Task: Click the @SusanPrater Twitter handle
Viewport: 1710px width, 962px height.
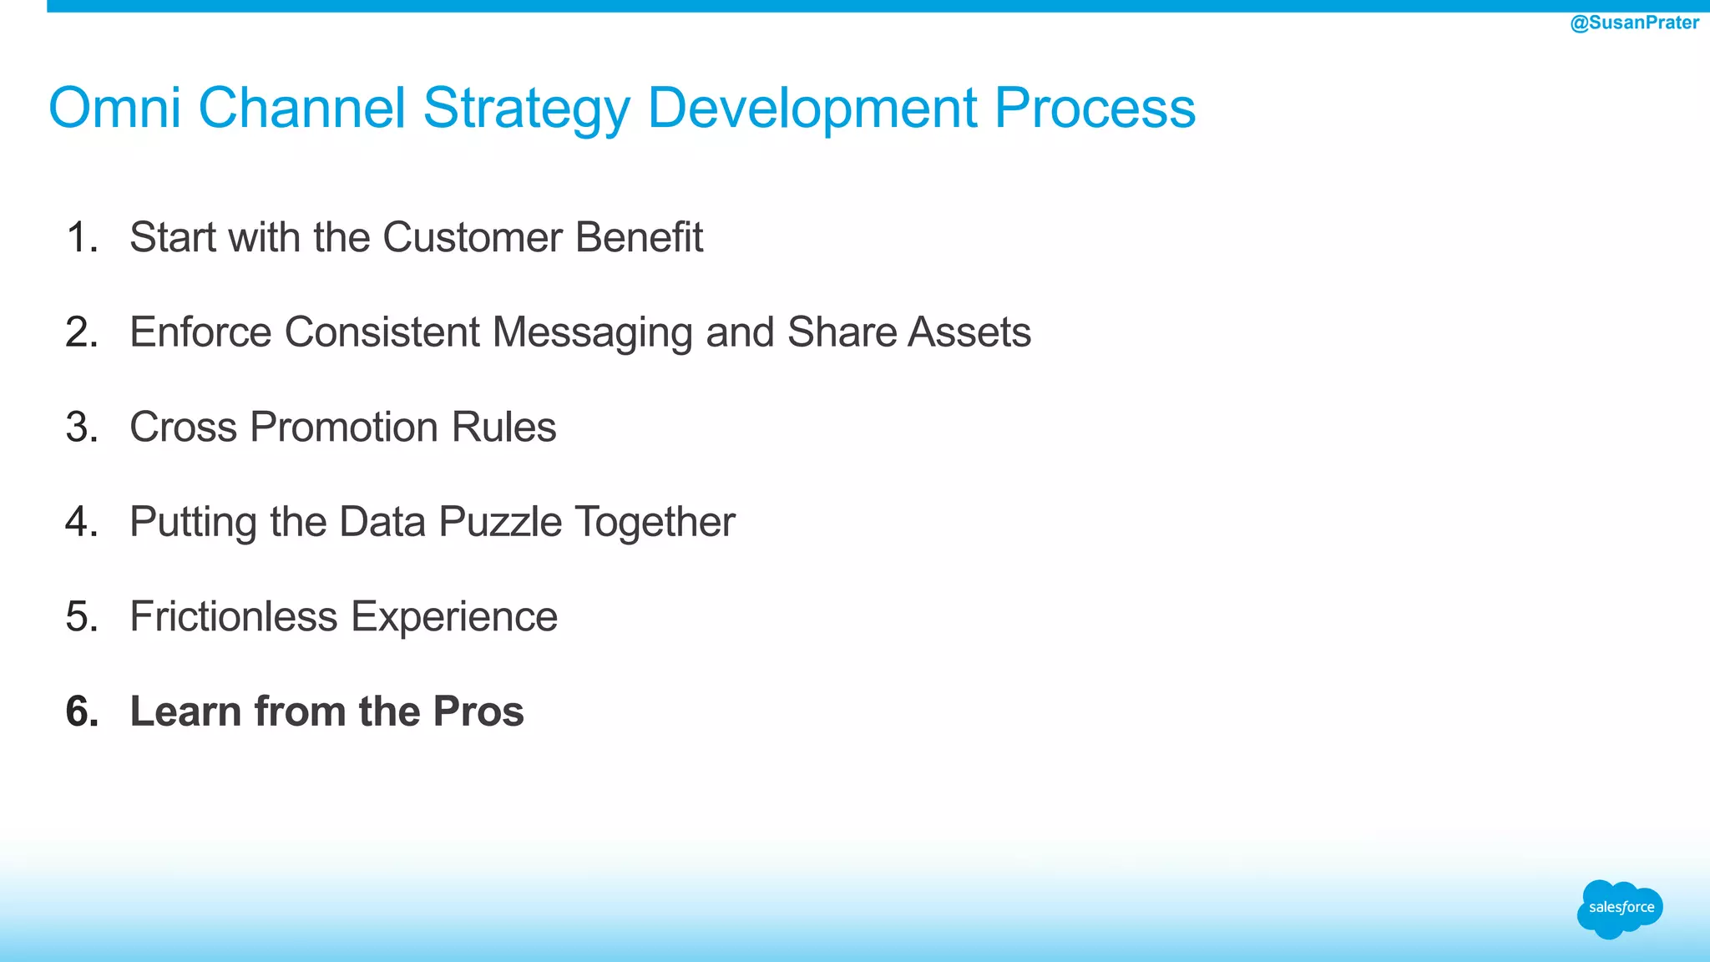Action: [x=1634, y=23]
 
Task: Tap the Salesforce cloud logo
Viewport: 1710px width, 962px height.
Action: [x=1620, y=908]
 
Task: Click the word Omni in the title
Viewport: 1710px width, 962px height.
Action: [x=114, y=108]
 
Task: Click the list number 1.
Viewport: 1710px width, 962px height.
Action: [x=81, y=237]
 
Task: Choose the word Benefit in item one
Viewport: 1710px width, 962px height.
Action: [x=639, y=237]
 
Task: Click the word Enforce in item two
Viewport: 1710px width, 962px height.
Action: [x=200, y=332]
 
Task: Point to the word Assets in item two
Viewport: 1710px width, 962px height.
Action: [x=969, y=332]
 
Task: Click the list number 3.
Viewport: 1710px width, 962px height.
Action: [x=81, y=428]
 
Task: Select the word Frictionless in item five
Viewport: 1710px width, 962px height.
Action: [x=234, y=617]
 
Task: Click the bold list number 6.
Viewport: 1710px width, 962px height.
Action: [x=82, y=712]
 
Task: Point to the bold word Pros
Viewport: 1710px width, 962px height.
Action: [x=478, y=712]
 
